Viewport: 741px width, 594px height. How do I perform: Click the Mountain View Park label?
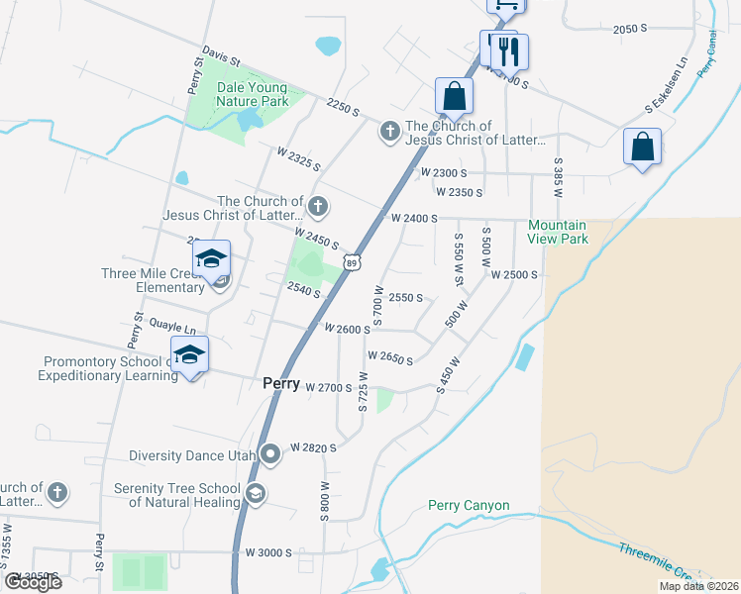tap(558, 232)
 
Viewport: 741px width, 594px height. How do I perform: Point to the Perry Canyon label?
tap(469, 506)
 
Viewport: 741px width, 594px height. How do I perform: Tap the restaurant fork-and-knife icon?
tap(509, 50)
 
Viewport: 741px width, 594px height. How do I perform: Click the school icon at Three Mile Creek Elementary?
tap(210, 259)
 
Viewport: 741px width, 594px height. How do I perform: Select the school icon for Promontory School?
tap(189, 353)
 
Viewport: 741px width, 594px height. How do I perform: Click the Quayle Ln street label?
tap(172, 324)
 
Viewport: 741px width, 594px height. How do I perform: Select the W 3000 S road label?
tap(269, 551)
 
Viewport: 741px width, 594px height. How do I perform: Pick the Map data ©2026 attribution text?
tap(698, 586)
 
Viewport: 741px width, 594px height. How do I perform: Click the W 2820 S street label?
tap(313, 447)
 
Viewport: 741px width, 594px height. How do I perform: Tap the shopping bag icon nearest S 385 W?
tap(642, 147)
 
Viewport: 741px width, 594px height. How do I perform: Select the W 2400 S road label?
tap(414, 218)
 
